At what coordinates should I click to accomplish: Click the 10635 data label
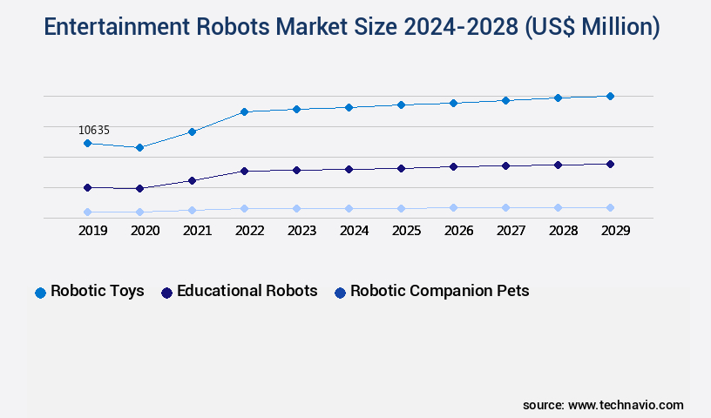coord(94,130)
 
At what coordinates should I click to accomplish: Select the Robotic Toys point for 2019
coord(87,143)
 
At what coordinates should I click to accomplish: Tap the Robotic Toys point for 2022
coord(244,111)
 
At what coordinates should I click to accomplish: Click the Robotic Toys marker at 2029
coord(610,96)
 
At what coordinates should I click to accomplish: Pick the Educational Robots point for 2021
coord(192,180)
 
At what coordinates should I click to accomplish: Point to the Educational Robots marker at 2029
coord(610,164)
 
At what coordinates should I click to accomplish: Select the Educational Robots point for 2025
coord(401,168)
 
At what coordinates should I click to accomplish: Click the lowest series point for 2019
coord(87,212)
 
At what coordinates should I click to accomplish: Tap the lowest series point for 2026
coord(453,207)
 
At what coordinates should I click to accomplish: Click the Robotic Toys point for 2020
coord(139,147)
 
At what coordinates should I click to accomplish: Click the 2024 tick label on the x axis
coord(354,231)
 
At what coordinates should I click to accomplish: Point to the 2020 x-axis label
coord(145,231)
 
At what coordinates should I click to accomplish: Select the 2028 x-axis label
coord(563,231)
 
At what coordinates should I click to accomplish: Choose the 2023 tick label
coord(301,231)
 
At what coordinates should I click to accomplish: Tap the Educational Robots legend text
coord(247,291)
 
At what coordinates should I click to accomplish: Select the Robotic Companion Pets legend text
coord(439,291)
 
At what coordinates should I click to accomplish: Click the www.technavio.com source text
coord(626,405)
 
